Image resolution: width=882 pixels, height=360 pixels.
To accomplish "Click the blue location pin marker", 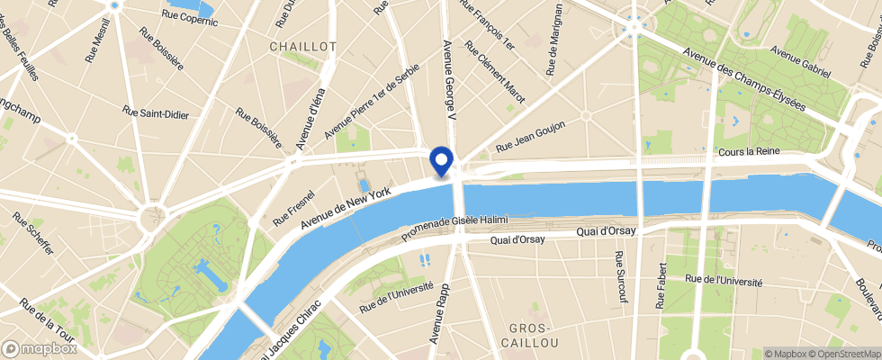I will tap(442, 160).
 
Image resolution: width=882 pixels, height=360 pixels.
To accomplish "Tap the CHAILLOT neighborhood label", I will tap(303, 46).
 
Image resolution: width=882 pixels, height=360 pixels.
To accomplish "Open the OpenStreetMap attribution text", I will tap(846, 354).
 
